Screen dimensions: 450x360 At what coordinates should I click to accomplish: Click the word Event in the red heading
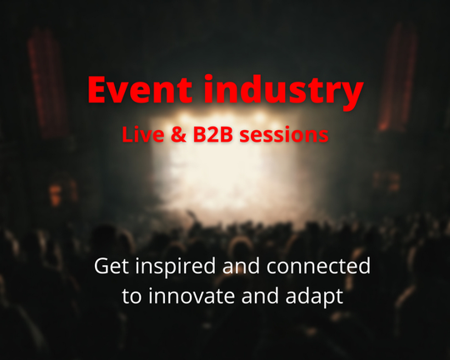click(140, 89)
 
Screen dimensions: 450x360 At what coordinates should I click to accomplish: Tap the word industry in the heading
click(284, 92)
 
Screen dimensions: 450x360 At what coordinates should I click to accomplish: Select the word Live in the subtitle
click(143, 134)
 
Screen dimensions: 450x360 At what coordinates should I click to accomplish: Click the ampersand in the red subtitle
click(178, 135)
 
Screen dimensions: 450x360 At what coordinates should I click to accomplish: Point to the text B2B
click(212, 135)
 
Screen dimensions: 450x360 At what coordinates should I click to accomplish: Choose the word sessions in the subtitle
click(284, 135)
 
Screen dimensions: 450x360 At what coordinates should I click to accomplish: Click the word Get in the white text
click(111, 266)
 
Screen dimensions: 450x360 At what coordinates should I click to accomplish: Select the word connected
click(318, 266)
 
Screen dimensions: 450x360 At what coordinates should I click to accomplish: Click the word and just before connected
click(241, 266)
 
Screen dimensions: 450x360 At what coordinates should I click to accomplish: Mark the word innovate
click(191, 296)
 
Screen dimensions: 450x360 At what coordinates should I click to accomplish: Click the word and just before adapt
click(260, 296)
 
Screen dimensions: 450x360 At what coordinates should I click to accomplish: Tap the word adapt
click(314, 297)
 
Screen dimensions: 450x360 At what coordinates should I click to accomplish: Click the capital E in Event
click(97, 90)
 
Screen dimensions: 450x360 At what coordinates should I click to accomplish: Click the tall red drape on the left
click(47, 83)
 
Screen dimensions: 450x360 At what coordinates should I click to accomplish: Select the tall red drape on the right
click(397, 77)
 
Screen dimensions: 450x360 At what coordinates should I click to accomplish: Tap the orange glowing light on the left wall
click(55, 195)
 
